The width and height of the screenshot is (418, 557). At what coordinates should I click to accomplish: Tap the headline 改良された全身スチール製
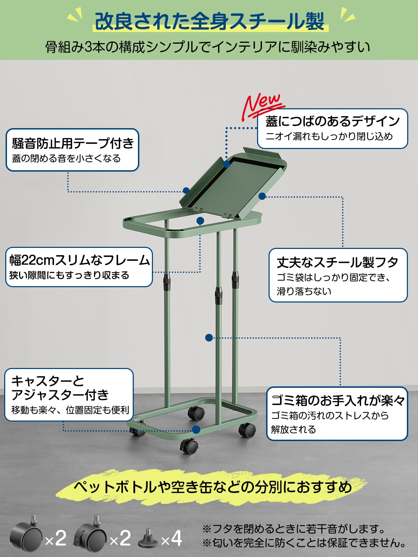[210, 22]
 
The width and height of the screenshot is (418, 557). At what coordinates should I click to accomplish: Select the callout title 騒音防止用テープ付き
[73, 143]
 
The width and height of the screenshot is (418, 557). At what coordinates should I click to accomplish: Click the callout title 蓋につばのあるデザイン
[332, 121]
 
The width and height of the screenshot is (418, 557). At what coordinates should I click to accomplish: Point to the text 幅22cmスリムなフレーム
[79, 260]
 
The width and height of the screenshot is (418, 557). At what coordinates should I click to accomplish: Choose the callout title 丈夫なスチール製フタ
[337, 262]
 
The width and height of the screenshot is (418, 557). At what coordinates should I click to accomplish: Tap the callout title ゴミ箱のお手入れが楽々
[338, 401]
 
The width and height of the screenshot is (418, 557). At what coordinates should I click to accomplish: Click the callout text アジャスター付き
[60, 395]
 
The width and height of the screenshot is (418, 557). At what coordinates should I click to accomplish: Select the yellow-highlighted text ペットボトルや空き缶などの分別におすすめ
[212, 487]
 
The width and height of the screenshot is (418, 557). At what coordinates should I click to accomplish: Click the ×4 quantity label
[171, 538]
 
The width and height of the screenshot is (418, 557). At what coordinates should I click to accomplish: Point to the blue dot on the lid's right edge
[262, 196]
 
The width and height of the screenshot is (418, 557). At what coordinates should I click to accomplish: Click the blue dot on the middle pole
[209, 338]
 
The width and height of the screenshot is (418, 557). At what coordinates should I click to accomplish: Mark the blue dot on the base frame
[196, 430]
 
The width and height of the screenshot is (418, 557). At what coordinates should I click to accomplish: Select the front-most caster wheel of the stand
[189, 447]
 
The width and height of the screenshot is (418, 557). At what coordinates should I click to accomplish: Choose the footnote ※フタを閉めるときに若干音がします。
[294, 529]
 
